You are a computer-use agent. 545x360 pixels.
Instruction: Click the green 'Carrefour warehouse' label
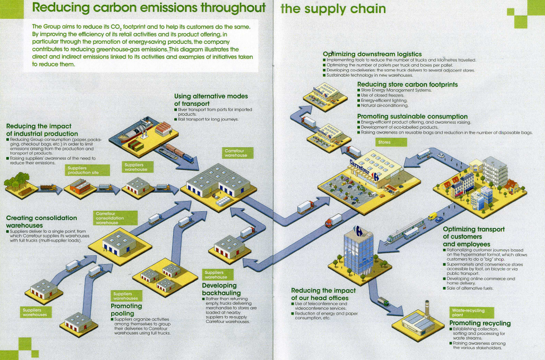point(238,153)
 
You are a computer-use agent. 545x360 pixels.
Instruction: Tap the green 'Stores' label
point(391,142)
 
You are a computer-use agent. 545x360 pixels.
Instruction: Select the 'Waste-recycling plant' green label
point(471,313)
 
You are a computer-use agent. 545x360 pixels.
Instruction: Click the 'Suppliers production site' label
point(87,170)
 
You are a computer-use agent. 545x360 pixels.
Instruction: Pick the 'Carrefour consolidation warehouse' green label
point(115,218)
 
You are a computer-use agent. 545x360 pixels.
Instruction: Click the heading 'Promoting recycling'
point(480,323)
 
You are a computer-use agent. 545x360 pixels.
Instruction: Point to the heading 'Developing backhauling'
point(222,289)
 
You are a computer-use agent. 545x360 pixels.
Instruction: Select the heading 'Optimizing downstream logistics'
point(372,54)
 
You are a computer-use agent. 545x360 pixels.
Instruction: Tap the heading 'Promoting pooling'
point(126,309)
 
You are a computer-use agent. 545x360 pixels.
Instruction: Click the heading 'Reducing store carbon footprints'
point(407,85)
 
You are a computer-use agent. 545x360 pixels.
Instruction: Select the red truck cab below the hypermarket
point(328,224)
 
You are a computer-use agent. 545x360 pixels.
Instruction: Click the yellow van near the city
point(432,216)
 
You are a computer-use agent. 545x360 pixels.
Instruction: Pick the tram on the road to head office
point(405,230)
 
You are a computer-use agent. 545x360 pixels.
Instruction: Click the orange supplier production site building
point(80,186)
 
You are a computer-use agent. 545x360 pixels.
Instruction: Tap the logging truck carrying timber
point(49,187)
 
